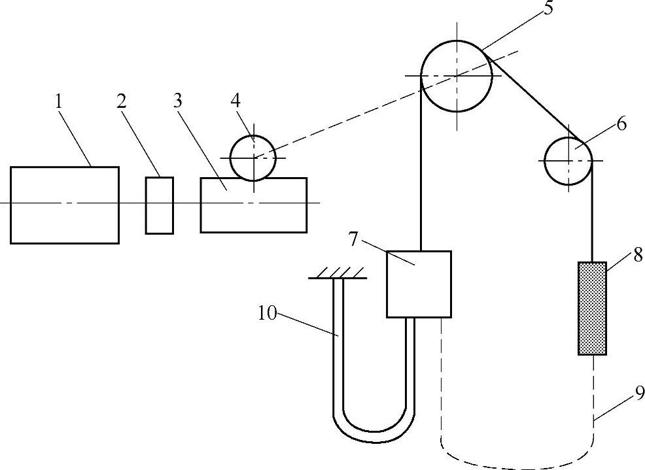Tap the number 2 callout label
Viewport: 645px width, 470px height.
121,101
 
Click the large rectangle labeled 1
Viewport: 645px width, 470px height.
65,205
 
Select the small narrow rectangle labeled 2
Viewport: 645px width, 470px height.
160,205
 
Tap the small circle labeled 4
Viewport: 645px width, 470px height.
253,158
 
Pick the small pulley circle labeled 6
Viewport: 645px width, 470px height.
568,160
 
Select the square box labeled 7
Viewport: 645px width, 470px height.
419,284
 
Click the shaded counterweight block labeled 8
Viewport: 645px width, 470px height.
592,308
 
